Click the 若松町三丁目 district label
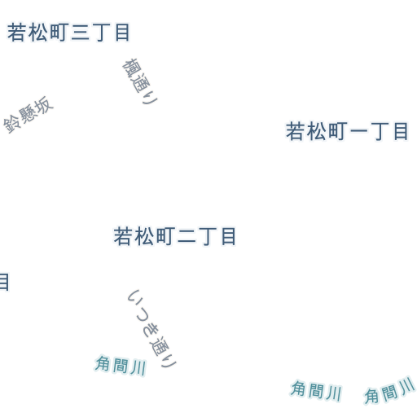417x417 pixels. (68, 33)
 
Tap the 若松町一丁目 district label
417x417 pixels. (347, 131)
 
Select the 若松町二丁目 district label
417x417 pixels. (174, 236)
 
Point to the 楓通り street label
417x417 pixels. (140, 81)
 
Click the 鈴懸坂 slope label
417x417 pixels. (29, 115)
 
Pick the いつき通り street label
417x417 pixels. (152, 328)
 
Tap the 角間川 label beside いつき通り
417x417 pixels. (121, 365)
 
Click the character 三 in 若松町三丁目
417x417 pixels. (80, 33)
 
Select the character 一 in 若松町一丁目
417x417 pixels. (358, 131)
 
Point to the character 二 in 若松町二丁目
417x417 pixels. (187, 237)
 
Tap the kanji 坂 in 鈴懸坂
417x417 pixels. (45, 105)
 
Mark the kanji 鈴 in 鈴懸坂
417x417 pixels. (12, 125)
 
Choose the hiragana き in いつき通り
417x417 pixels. (150, 331)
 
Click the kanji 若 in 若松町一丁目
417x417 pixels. (295, 131)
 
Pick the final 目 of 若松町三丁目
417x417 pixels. (122, 33)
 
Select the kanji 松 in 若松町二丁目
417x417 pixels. (144, 236)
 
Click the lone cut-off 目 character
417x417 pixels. (4, 282)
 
